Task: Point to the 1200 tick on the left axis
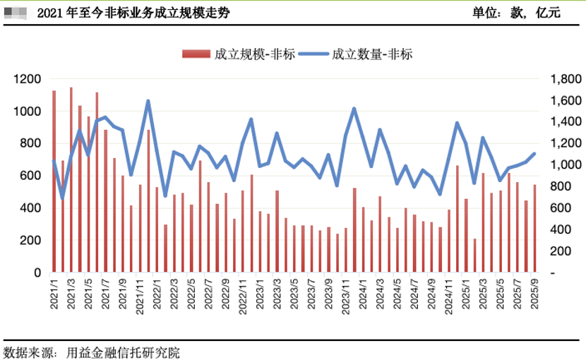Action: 27,79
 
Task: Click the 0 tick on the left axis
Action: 37,272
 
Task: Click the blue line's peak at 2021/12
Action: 148,101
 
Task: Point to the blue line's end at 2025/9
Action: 534,154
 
